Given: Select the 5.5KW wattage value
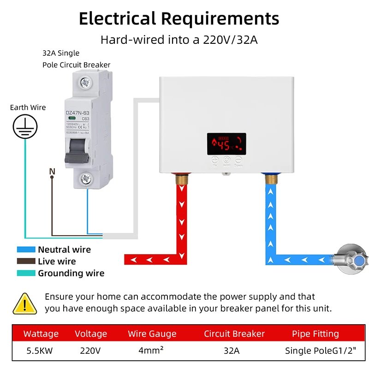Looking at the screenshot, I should tap(39, 351).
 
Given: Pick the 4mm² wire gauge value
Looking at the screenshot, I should tap(151, 351).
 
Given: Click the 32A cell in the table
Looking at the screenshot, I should tap(232, 351).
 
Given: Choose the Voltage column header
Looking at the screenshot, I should tap(91, 333).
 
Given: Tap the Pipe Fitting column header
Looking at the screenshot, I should tap(315, 333).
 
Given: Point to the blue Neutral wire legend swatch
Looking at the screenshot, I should tap(26, 250).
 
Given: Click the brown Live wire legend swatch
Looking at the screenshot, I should tap(26, 261).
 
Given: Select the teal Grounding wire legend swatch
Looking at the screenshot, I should tap(26, 273).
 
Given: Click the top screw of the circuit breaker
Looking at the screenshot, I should tap(84, 83).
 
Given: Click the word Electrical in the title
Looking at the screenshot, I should tap(117, 19).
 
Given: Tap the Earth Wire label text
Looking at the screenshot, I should tap(28, 107).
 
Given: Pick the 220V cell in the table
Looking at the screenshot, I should tap(90, 351).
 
